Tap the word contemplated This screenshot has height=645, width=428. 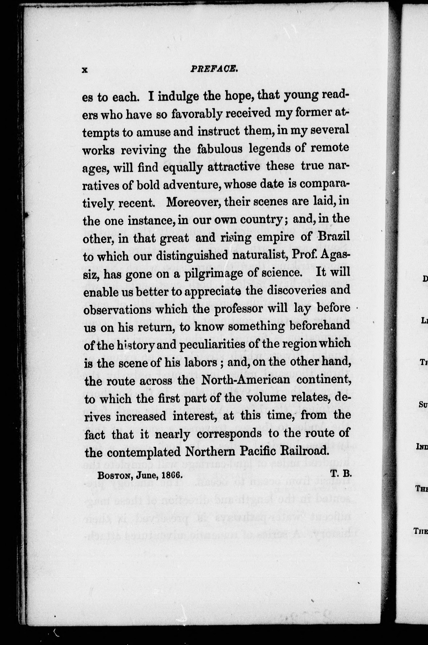(x=144, y=451)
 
